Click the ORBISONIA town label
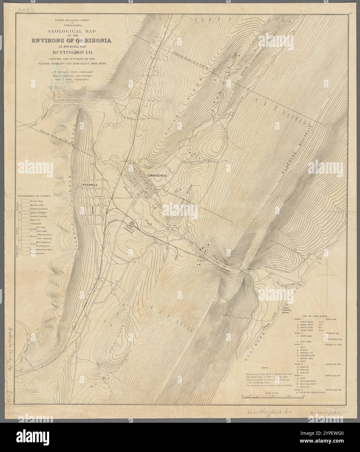pyautogui.click(x=157, y=175)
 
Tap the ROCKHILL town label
pyautogui.click(x=90, y=184)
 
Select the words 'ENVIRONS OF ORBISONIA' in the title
pyautogui.click(x=71, y=41)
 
